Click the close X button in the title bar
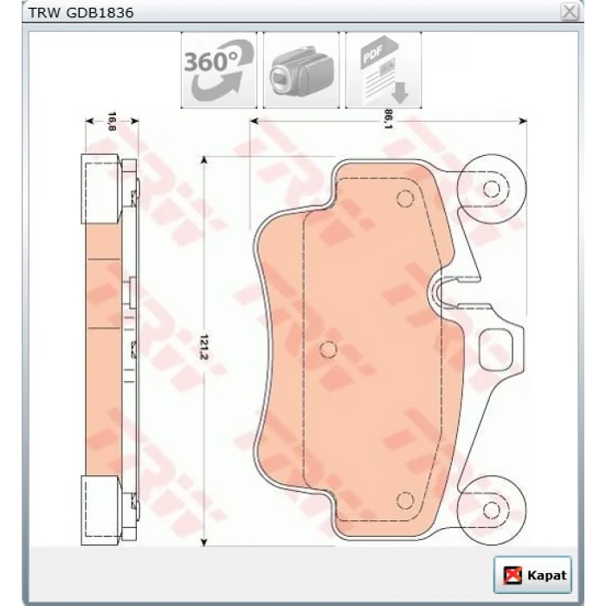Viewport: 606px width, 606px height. coord(570,11)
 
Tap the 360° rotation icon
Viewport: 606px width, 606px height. coord(219,70)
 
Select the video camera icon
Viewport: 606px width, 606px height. coord(301,70)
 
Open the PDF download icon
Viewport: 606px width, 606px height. coord(384,70)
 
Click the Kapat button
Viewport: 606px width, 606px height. coord(532,575)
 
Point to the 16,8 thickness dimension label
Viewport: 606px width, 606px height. coord(112,121)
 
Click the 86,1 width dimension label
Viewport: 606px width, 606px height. coord(388,119)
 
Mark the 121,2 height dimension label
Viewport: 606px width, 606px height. coord(204,347)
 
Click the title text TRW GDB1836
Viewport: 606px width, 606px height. coord(81,13)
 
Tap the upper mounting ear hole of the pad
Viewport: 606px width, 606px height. coord(491,189)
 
